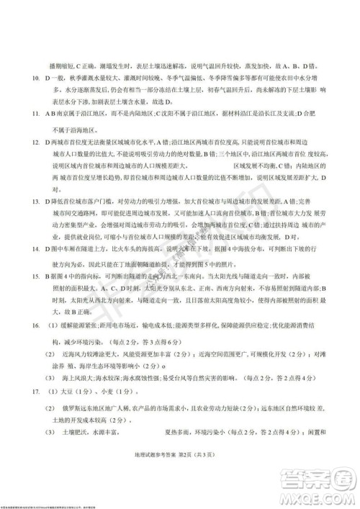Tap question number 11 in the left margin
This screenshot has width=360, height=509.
tap(27, 114)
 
